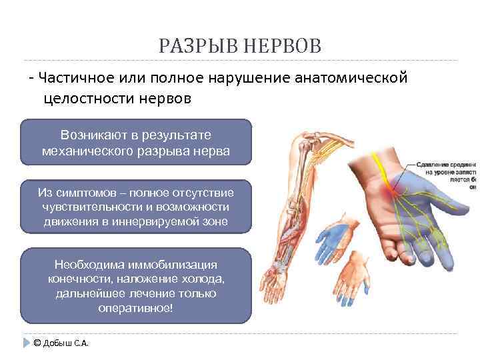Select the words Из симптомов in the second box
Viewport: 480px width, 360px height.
pyautogui.click(x=73, y=193)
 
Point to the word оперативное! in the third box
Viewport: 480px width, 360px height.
pyautogui.click(x=137, y=308)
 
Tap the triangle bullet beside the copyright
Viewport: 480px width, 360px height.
pyautogui.click(x=27, y=343)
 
